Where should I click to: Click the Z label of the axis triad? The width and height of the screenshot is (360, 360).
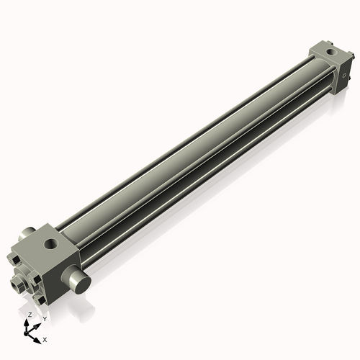tap(30, 315)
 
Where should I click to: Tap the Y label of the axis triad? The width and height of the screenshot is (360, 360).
tap(44, 318)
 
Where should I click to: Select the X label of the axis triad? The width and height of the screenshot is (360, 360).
tap(45, 338)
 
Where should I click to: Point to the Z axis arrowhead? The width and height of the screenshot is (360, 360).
tap(28, 322)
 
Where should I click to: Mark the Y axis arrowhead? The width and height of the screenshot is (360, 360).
tap(38, 322)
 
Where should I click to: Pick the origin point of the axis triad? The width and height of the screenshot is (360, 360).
tap(29, 333)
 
